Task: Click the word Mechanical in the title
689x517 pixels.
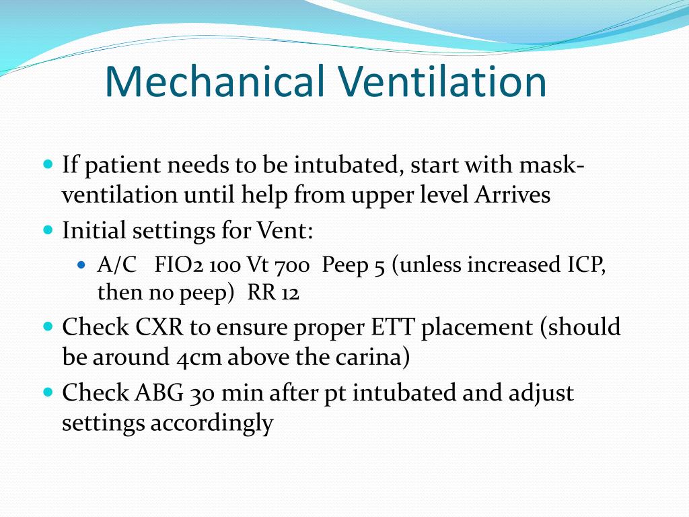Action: (x=215, y=82)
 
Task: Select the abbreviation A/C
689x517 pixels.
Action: (x=116, y=265)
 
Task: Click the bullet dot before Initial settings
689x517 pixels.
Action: (x=48, y=230)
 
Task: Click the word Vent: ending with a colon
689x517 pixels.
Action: (x=285, y=231)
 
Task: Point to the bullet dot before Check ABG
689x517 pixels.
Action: (x=48, y=391)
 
